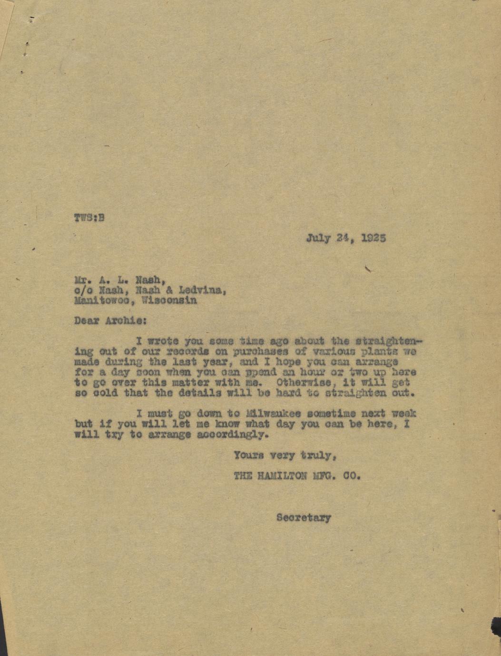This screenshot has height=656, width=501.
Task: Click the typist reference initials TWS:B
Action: coord(89,218)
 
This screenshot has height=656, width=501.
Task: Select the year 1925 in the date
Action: coord(373,238)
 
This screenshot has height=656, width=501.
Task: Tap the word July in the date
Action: coord(318,238)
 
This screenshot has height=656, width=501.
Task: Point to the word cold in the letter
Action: coord(102,393)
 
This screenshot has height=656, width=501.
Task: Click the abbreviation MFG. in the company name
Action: coord(326,475)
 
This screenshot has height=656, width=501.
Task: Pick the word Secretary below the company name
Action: coord(304,517)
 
